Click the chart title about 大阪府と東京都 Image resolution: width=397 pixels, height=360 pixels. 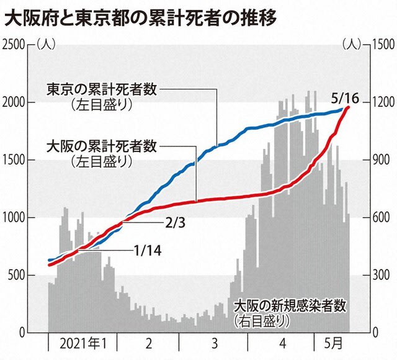coord(140,19)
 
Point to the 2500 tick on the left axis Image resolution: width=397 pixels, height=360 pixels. coord(14,45)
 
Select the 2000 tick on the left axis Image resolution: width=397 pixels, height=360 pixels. coord(14,102)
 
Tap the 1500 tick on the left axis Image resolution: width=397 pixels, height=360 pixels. coord(14,160)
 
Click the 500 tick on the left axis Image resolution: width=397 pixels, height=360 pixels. coord(17,275)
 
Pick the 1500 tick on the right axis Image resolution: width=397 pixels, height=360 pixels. coord(383,45)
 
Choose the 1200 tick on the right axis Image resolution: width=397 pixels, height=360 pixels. coord(383,102)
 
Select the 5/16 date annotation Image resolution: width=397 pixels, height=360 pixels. coord(345,99)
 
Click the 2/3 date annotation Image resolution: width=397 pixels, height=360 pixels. coord(175,223)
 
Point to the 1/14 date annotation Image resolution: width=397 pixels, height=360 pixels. coord(148,251)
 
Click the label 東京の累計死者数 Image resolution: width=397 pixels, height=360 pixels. coord(102,89)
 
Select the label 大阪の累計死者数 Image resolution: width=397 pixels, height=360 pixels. coord(102,146)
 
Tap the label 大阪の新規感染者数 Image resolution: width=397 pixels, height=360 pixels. coord(290,306)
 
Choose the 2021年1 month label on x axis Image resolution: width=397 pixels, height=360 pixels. coord(83,344)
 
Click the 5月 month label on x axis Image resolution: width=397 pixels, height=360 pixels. coord(334,344)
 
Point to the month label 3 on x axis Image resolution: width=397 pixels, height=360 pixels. coord(215,344)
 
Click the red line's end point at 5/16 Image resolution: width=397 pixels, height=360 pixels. coord(349,107)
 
